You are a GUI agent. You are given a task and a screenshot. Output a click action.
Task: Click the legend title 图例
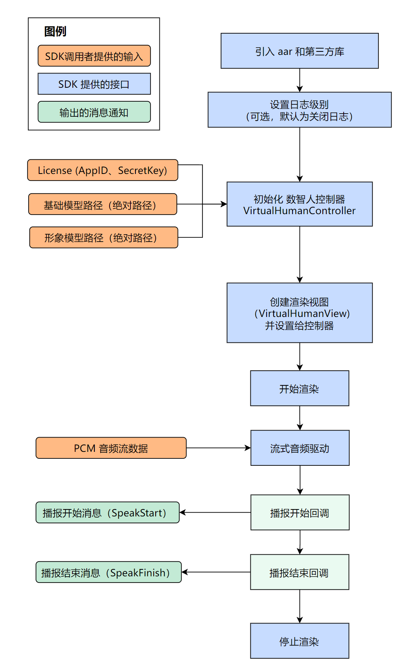coord(55,31)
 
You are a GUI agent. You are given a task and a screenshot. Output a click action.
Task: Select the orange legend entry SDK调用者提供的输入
coord(94,56)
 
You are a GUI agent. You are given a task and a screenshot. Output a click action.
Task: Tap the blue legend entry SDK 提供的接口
coord(94,84)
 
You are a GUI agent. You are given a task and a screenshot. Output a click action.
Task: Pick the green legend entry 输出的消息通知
coord(94,112)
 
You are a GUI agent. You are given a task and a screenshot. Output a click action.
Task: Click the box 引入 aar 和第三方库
coord(300,51)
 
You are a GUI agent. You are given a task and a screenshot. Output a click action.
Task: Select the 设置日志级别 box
coord(300,110)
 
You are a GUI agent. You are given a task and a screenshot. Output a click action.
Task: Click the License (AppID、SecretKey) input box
coord(103,170)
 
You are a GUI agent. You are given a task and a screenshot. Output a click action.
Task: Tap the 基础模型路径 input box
coord(103,204)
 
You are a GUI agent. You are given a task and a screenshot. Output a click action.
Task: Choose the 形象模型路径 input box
coord(103,237)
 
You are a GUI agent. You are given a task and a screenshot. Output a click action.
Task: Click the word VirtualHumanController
coord(300,211)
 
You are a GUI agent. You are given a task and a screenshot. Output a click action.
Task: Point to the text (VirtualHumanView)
coord(302,313)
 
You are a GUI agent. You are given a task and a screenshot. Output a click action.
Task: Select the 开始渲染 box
coord(300,388)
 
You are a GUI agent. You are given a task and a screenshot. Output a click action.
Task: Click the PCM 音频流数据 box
coord(111,448)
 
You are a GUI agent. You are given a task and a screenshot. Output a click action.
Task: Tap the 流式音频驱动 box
coord(300,448)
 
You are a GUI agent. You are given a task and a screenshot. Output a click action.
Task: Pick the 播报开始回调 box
coord(300,513)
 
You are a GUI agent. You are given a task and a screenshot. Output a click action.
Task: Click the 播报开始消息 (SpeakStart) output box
coord(108,513)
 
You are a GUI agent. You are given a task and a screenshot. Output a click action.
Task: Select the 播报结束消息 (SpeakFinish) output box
coord(108,572)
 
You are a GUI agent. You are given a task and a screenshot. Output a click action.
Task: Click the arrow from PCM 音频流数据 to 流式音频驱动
coord(219,448)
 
